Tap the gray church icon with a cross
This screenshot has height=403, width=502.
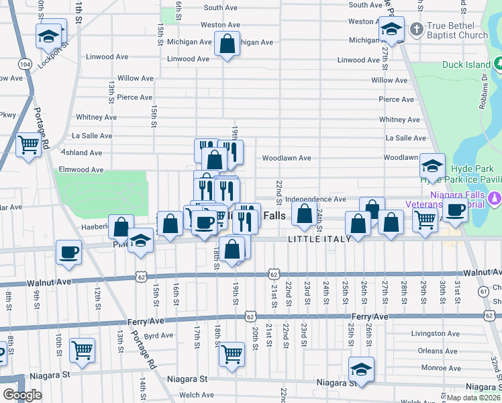click(416, 30)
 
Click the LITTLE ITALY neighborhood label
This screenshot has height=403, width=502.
click(317, 239)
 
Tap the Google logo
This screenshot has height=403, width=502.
click(22, 395)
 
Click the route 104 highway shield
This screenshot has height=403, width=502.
click(26, 64)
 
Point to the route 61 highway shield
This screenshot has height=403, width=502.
click(483, 291)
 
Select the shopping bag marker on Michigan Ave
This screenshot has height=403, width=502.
click(228, 44)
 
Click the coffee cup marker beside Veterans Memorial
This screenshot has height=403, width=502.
click(456, 212)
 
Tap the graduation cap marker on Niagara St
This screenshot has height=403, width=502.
click(361, 369)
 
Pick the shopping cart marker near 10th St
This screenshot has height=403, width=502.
click(82, 349)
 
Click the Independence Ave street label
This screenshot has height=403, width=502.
click(315, 199)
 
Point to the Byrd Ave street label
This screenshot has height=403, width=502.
click(158, 335)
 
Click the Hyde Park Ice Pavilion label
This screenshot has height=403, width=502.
click(460, 180)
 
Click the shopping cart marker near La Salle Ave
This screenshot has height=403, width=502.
click(28, 144)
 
